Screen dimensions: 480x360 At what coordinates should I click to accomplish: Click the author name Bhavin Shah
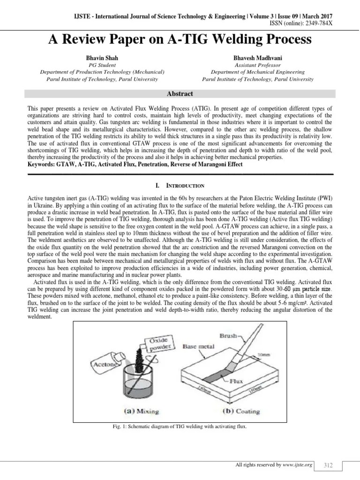[x=102, y=58]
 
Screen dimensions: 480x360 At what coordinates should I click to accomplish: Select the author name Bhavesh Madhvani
[x=257, y=58]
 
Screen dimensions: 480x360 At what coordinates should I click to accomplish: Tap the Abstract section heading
[x=180, y=94]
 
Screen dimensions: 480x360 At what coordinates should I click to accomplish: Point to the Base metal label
[x=199, y=347]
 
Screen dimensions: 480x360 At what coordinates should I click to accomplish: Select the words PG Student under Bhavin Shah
[x=102, y=65]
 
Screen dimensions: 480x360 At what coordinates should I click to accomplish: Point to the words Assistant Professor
[x=257, y=65]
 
